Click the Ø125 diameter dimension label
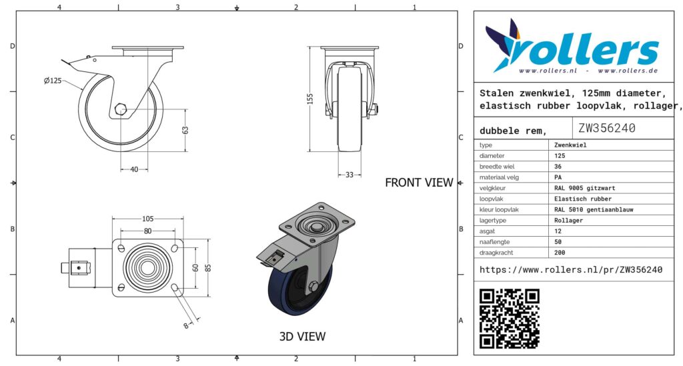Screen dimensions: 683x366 pyautogui.click(x=53, y=81)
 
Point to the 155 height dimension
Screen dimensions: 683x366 pyautogui.click(x=310, y=99)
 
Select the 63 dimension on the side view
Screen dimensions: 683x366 pyautogui.click(x=185, y=130)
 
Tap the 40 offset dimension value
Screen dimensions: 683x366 pyautogui.click(x=134, y=169)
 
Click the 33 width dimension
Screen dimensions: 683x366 pyautogui.click(x=350, y=175)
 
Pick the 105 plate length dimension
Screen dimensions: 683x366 pyautogui.click(x=147, y=219)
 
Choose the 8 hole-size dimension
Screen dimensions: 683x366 pyautogui.click(x=186, y=325)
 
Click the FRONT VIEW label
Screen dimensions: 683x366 pyautogui.click(x=419, y=183)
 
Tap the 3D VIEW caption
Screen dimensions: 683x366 pyautogui.click(x=302, y=337)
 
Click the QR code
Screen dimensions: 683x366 pyautogui.click(x=509, y=318)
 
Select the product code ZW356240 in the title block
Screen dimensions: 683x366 pyautogui.click(x=607, y=128)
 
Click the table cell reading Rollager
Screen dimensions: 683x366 pyautogui.click(x=568, y=220)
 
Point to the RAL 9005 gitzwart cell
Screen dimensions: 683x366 pyautogui.click(x=584, y=188)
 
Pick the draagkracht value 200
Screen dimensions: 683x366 pyautogui.click(x=560, y=253)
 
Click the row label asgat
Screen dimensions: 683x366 pyautogui.click(x=487, y=231)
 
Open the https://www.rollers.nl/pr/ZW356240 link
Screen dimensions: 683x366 pyautogui.click(x=571, y=270)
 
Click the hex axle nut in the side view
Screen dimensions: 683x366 pyautogui.click(x=121, y=109)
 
